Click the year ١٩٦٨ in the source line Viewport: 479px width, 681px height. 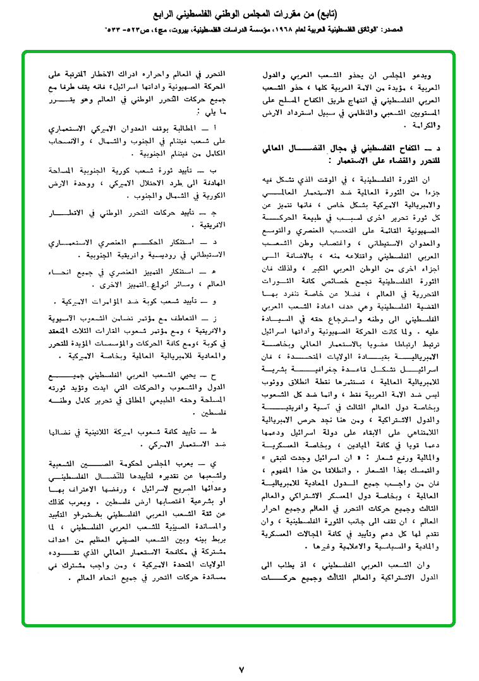[292, 30]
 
